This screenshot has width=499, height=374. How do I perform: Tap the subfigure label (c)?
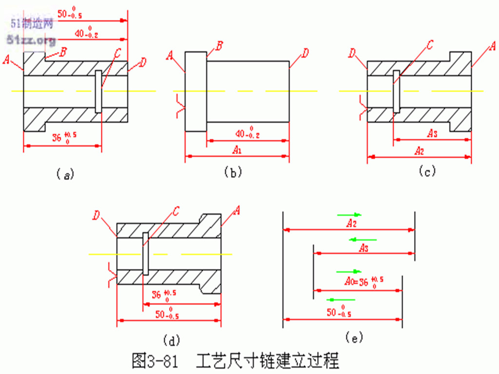(x=427, y=171)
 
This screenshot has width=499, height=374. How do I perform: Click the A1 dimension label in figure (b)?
(x=237, y=150)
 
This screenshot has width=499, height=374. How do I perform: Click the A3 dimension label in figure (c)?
(x=432, y=132)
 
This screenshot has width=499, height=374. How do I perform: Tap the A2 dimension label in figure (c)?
(x=419, y=150)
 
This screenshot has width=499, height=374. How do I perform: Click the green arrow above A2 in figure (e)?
(x=349, y=214)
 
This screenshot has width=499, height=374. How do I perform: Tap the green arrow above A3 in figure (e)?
(x=363, y=239)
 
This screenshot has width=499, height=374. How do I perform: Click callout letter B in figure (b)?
(x=219, y=46)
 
